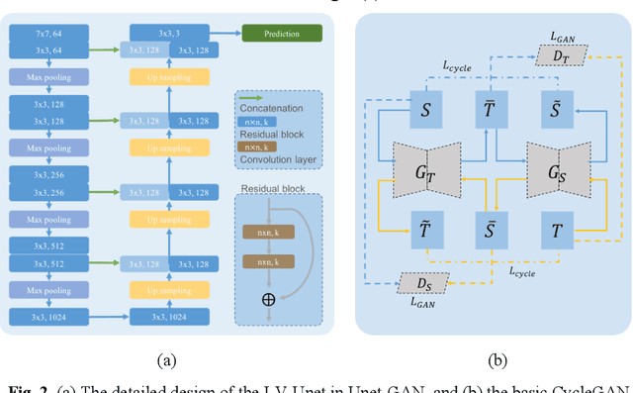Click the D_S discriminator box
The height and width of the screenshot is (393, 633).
point(423,284)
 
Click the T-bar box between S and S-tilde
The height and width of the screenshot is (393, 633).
point(490,109)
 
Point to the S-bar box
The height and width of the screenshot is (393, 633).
point(490,231)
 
